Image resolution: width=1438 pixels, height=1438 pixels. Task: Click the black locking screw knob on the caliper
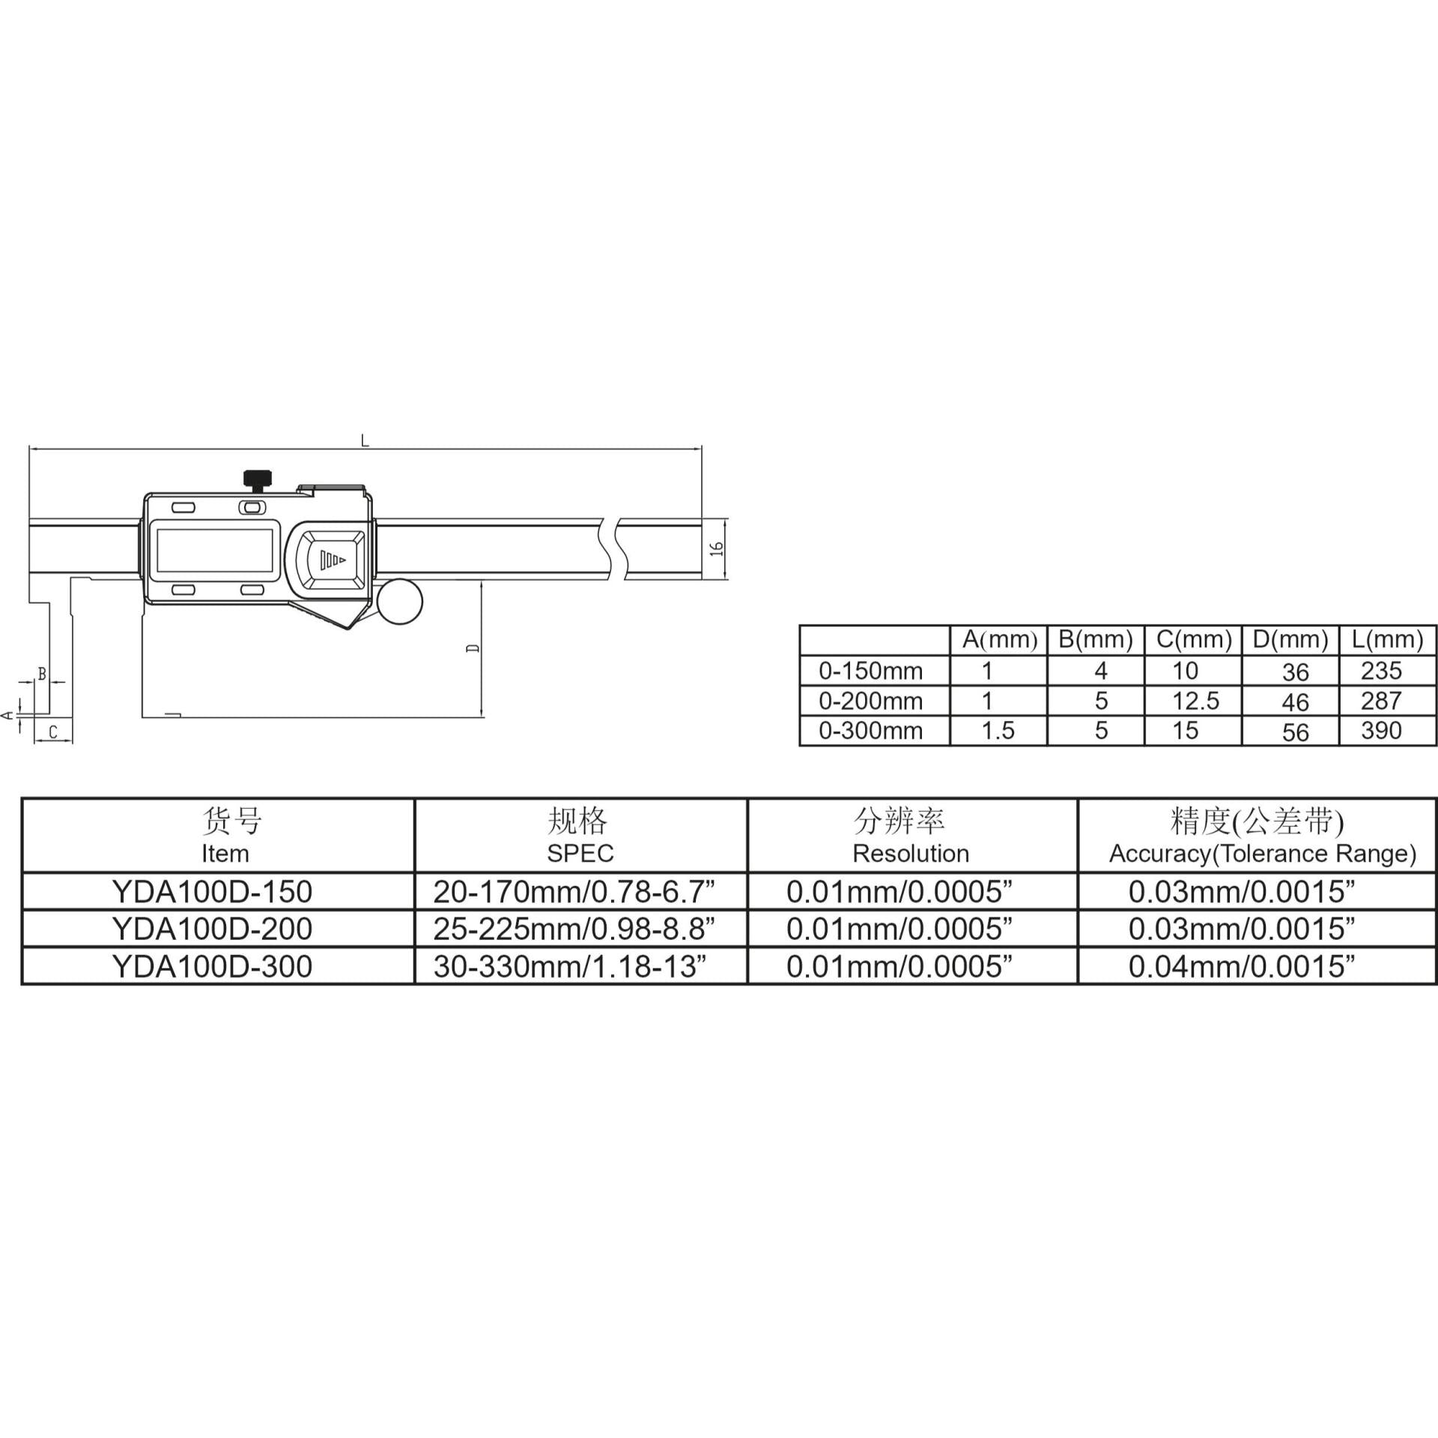[258, 479]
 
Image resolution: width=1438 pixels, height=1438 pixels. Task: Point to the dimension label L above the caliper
[365, 440]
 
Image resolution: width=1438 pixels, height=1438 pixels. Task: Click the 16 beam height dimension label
[717, 548]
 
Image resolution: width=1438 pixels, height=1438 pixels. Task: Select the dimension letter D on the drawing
[473, 647]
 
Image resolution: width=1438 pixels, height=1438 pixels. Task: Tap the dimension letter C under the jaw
[53, 732]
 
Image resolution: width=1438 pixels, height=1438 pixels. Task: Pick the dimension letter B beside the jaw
[42, 674]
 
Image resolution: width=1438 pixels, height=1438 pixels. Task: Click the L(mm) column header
[1387, 640]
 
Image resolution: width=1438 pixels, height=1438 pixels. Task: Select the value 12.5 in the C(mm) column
[1195, 700]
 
